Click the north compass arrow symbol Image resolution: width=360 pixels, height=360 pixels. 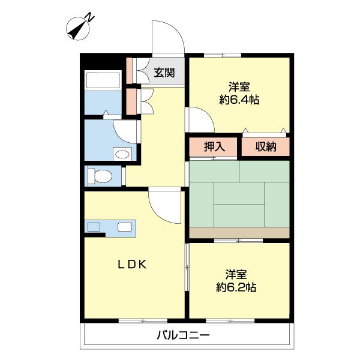coord(77,27)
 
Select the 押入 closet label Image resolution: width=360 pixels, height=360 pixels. coord(214,147)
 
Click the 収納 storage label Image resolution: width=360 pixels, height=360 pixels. coord(265,147)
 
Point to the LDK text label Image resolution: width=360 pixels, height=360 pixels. coord(132,263)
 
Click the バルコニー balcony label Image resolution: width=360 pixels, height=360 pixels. coord(183,335)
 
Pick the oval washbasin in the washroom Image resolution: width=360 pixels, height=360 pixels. coord(122,154)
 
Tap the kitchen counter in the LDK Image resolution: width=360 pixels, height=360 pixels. coord(110,227)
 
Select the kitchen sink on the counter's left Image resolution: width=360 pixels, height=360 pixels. coord(94,227)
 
